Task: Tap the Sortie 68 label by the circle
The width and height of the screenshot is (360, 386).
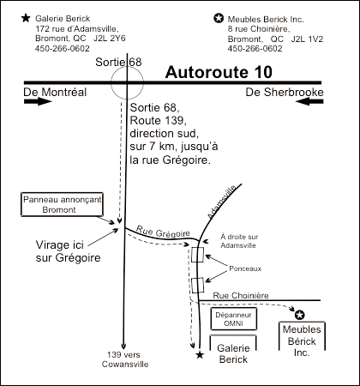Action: [120, 63]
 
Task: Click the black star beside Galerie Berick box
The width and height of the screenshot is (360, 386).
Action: [200, 353]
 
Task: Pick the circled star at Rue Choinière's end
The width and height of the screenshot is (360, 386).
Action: [300, 313]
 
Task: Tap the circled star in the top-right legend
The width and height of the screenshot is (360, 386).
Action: [219, 16]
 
